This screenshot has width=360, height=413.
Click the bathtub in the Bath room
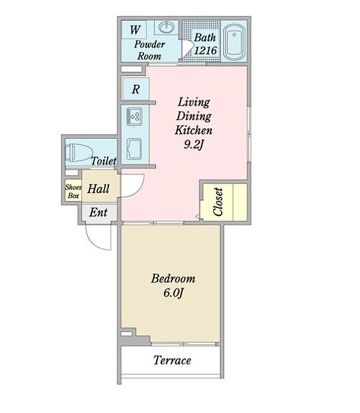click(235, 42)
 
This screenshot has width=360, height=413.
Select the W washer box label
click(135, 30)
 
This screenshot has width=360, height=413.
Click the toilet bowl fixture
click(79, 153)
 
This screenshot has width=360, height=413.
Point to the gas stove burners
click(134, 116)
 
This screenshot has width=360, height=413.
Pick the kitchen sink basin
click(134, 149)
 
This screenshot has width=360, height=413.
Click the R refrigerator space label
click(136, 89)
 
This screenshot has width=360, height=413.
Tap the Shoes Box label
click(73, 191)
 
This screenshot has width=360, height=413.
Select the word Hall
click(98, 189)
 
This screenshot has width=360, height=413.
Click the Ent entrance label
click(98, 212)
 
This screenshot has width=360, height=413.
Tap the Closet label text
click(219, 202)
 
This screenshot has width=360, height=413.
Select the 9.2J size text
click(194, 145)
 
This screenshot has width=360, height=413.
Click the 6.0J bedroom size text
click(173, 293)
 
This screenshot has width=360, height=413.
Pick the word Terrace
click(172, 361)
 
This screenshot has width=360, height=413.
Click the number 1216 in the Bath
click(205, 50)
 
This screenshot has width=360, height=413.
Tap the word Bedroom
click(173, 279)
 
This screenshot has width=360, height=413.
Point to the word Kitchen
click(193, 130)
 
